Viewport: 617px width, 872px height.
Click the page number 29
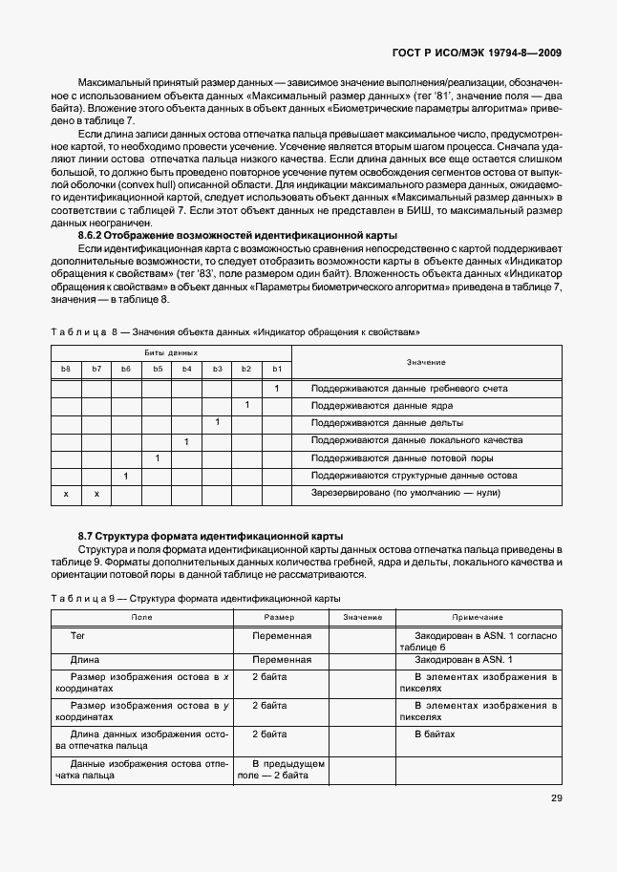(555, 800)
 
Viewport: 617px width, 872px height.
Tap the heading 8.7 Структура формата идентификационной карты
(210, 535)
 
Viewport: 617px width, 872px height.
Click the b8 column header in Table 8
(66, 368)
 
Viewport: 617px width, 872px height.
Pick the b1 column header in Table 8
(276, 368)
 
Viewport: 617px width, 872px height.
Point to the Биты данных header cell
(170, 352)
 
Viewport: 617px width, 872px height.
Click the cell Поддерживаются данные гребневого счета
(409, 389)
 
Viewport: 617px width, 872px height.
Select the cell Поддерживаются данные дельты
(373, 423)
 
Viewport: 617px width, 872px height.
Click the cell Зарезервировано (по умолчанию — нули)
(406, 494)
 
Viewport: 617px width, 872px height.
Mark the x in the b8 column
(66, 494)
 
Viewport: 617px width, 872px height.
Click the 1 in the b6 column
(126, 476)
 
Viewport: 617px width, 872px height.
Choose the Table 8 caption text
(235, 330)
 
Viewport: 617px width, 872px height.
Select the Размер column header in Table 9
(279, 617)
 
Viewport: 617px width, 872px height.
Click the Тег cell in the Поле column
(78, 635)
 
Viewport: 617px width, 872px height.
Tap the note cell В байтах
(435, 734)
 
